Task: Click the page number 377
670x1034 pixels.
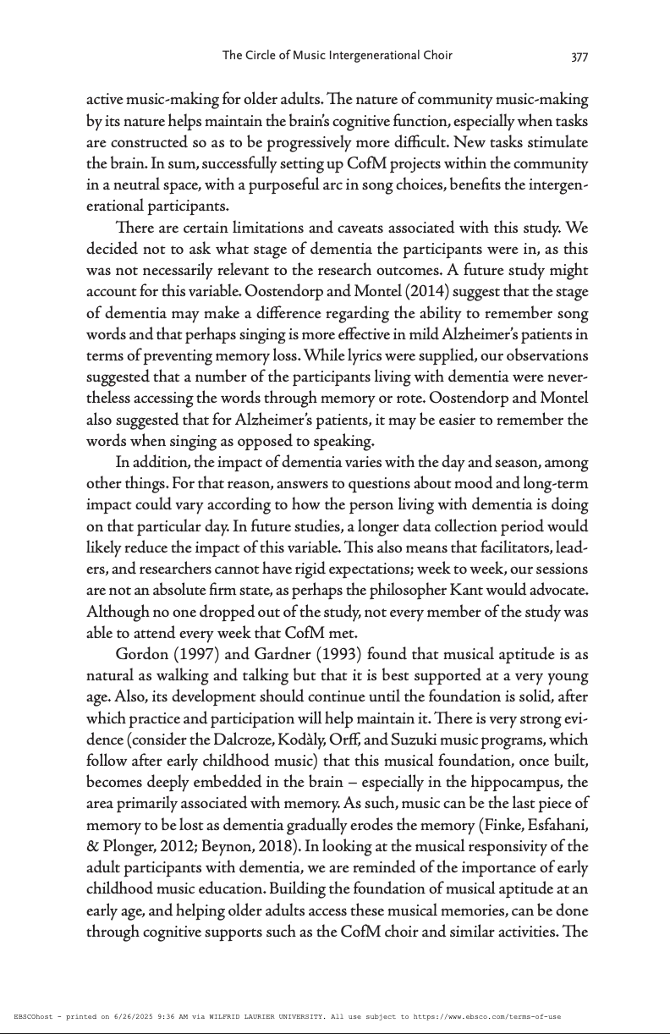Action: point(579,57)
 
